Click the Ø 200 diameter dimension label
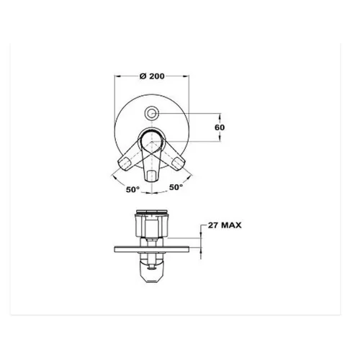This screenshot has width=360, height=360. click(152, 76)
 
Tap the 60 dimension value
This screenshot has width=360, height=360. click(220, 127)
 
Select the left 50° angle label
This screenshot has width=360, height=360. click(132, 189)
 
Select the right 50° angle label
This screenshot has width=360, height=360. click(176, 187)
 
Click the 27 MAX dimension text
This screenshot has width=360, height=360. click(225, 225)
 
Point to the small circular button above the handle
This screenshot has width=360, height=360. click(151, 113)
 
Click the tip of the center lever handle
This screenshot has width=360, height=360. click(151, 179)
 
